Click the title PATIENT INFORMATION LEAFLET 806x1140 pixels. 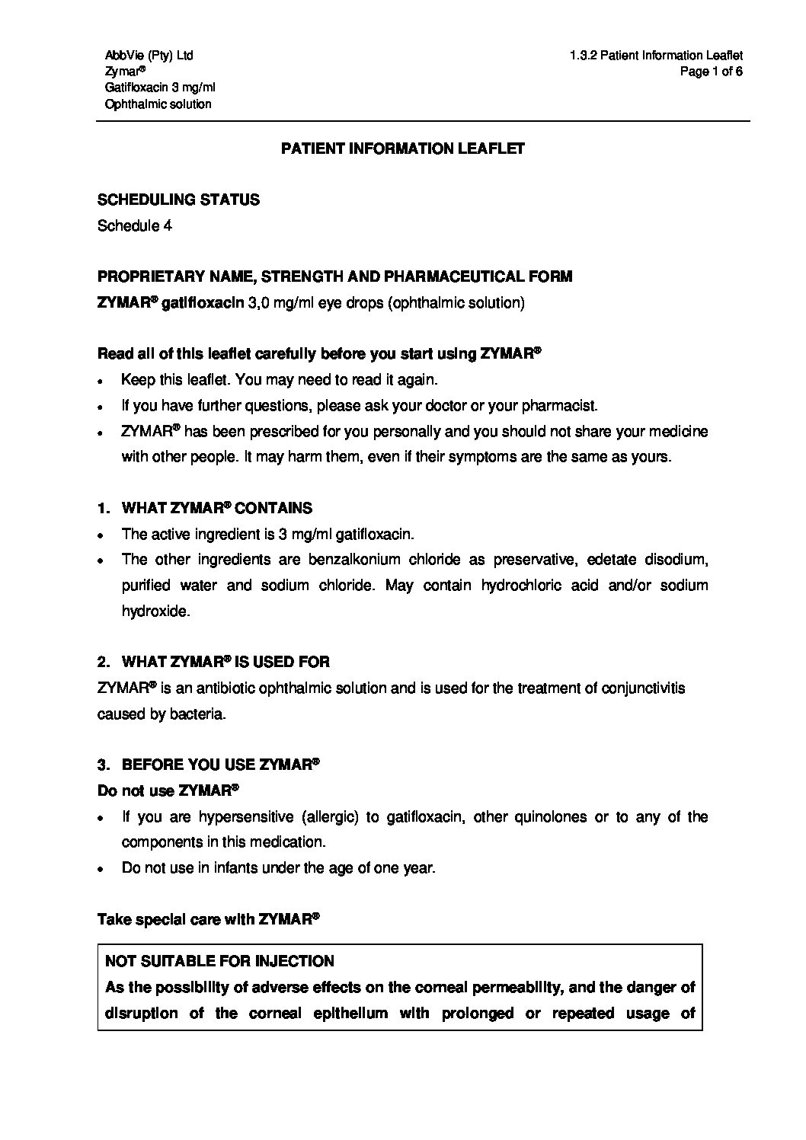point(403,148)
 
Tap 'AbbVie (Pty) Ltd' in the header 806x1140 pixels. point(149,55)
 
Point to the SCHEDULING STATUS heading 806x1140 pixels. point(178,200)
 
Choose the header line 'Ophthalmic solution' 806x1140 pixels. point(158,104)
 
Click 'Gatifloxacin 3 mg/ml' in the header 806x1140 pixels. point(160,88)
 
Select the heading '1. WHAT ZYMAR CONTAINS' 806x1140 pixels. point(205,508)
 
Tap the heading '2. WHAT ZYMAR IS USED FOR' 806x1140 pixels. point(214,662)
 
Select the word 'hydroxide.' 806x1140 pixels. point(155,611)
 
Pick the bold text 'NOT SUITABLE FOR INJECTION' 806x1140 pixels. point(219,961)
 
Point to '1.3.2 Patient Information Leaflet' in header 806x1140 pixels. point(655,55)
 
